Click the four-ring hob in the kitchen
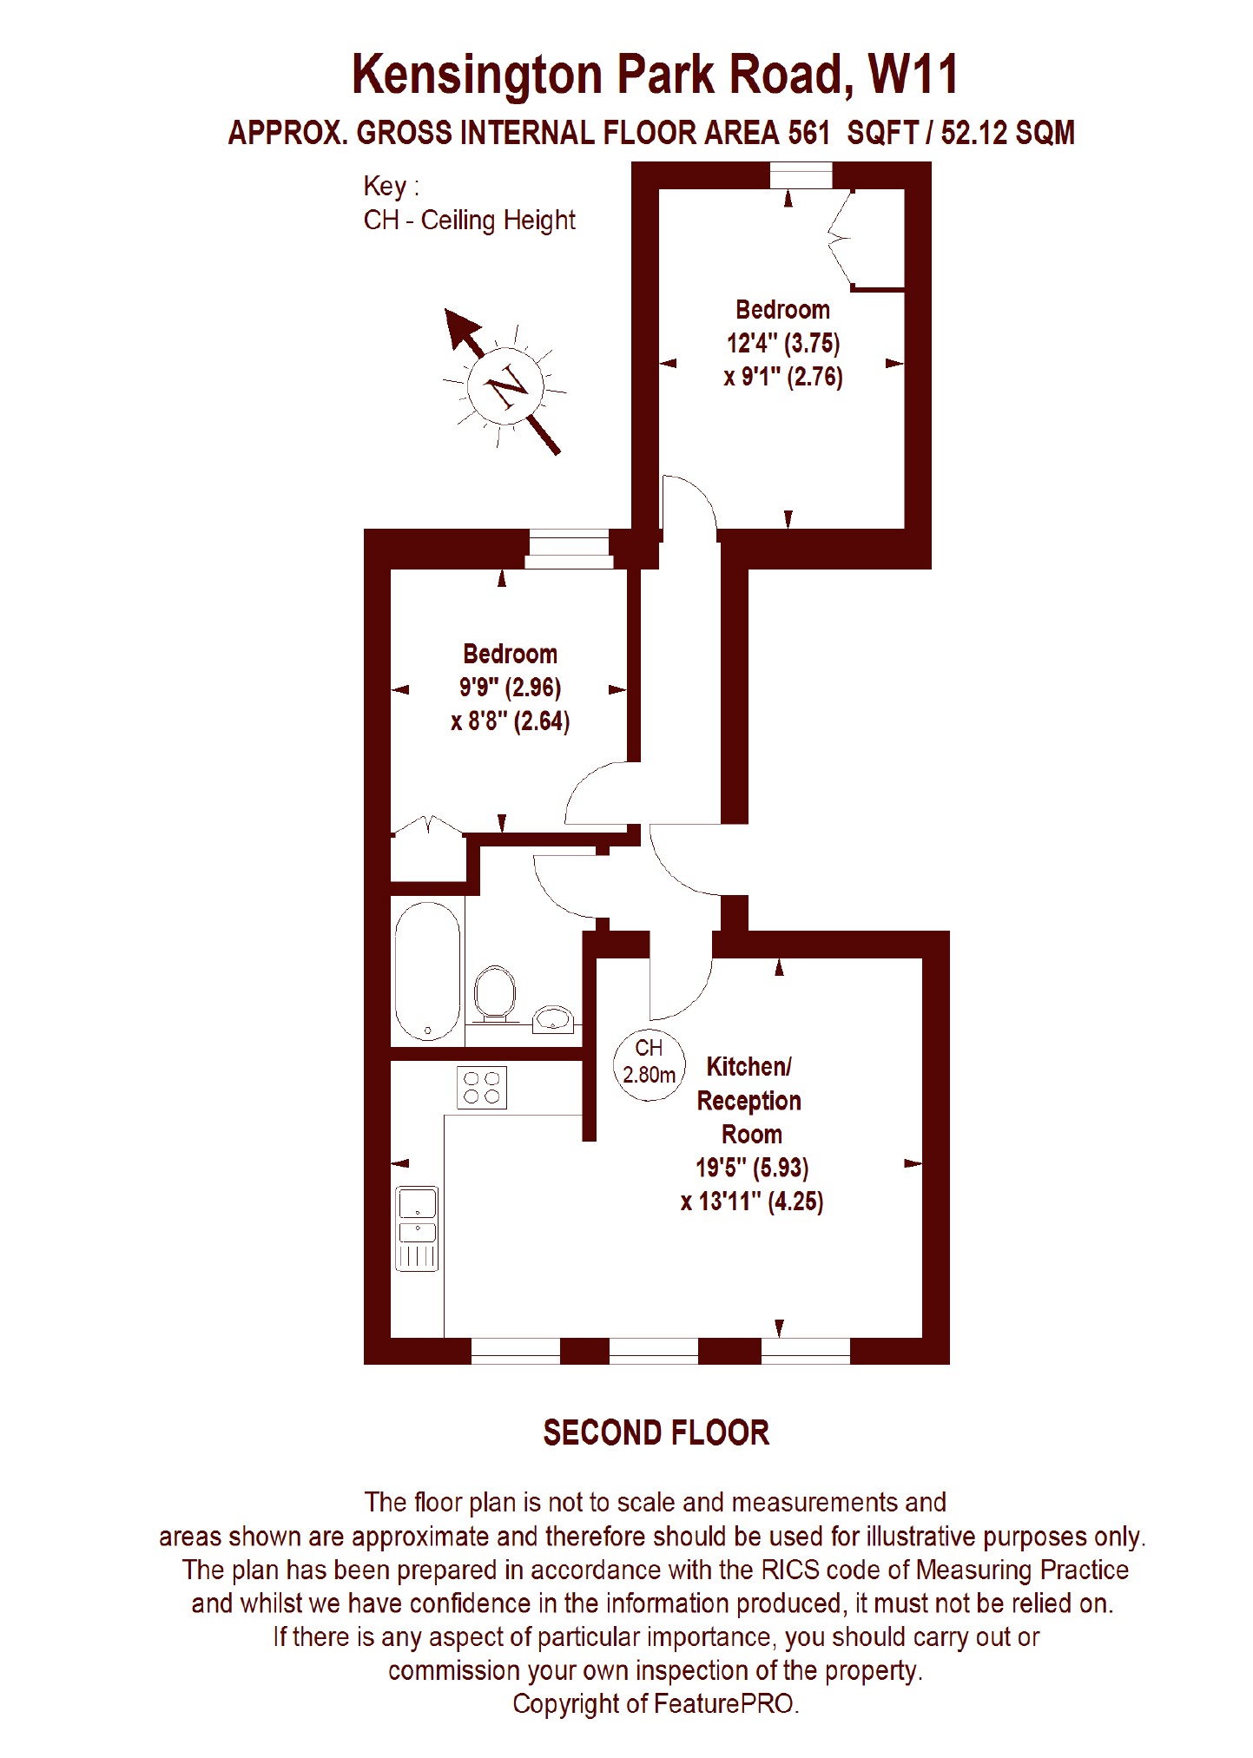point(482,1087)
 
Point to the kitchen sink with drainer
point(418,1228)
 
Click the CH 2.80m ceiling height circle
point(649,1063)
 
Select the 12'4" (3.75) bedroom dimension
point(783,344)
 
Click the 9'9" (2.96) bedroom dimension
point(510,688)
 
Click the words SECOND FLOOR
point(656,1432)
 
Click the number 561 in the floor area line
point(806,133)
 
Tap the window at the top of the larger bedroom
point(801,175)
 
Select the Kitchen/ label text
point(749,1067)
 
